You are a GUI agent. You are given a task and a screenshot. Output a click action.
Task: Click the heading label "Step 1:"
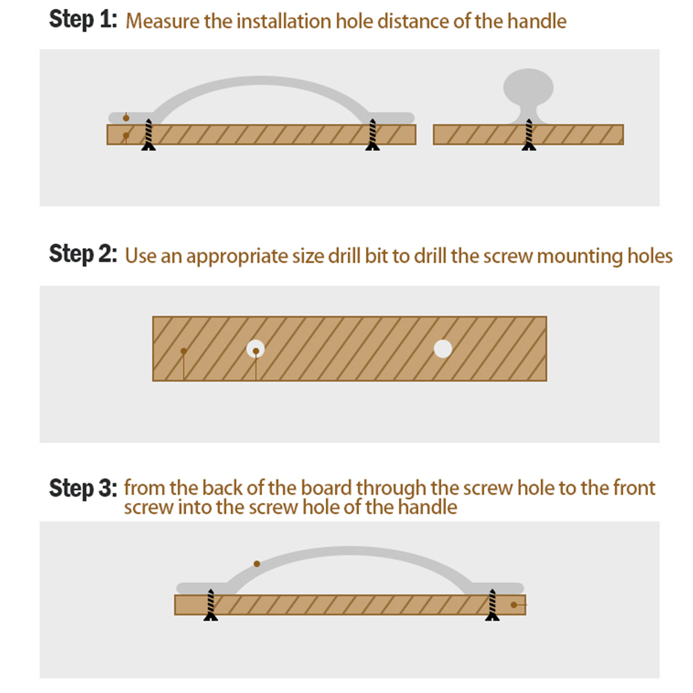click(83, 20)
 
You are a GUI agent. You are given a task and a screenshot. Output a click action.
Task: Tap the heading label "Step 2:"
click(83, 254)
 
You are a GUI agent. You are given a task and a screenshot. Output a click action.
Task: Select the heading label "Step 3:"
click(83, 488)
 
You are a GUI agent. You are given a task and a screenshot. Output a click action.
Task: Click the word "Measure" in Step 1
click(163, 21)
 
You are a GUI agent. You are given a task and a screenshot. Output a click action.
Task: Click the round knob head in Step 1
click(528, 87)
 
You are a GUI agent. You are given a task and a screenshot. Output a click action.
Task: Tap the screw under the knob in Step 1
click(528, 135)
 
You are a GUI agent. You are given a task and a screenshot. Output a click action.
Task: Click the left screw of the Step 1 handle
click(149, 135)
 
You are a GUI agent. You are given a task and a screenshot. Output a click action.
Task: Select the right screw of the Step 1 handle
click(373, 135)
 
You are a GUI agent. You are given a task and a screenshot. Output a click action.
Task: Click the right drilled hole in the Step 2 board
click(443, 349)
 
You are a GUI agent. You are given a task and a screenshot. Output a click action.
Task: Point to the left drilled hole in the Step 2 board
click(255, 349)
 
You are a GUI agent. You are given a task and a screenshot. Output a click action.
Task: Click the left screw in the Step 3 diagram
click(211, 605)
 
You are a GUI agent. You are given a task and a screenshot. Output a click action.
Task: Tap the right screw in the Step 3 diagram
click(492, 605)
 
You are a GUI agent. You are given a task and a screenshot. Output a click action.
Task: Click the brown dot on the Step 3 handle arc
click(257, 564)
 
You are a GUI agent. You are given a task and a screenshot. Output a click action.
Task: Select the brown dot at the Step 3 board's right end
click(514, 604)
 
